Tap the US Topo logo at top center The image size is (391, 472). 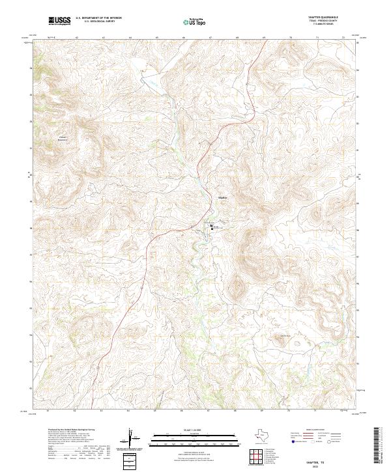195,22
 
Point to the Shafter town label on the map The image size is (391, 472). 222,197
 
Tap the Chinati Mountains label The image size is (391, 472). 81,138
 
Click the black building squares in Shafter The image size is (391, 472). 212,227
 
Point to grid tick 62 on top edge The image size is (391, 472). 77,38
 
